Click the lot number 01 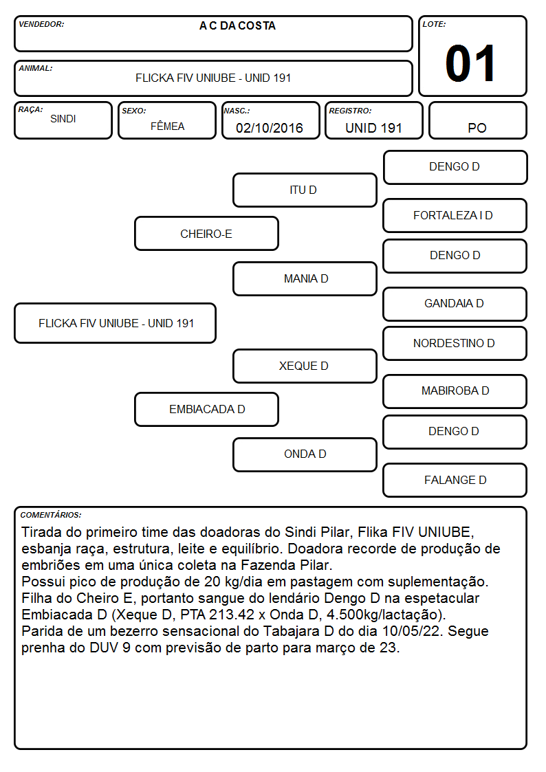click(x=470, y=63)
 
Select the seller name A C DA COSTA click(x=237, y=25)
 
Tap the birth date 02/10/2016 click(x=270, y=128)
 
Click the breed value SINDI click(x=63, y=119)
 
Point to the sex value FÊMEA click(x=167, y=126)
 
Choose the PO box click(x=477, y=120)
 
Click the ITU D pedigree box click(x=305, y=190)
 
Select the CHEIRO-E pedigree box click(x=206, y=233)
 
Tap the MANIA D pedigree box click(x=305, y=278)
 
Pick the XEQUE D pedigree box click(x=305, y=366)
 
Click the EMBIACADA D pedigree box click(x=206, y=409)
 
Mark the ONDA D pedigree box click(x=305, y=454)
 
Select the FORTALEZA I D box click(x=455, y=216)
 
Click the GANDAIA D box click(x=455, y=304)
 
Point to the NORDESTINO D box click(x=455, y=343)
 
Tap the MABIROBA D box click(x=455, y=391)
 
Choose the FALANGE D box click(x=455, y=480)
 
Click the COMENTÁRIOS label click(x=51, y=515)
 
